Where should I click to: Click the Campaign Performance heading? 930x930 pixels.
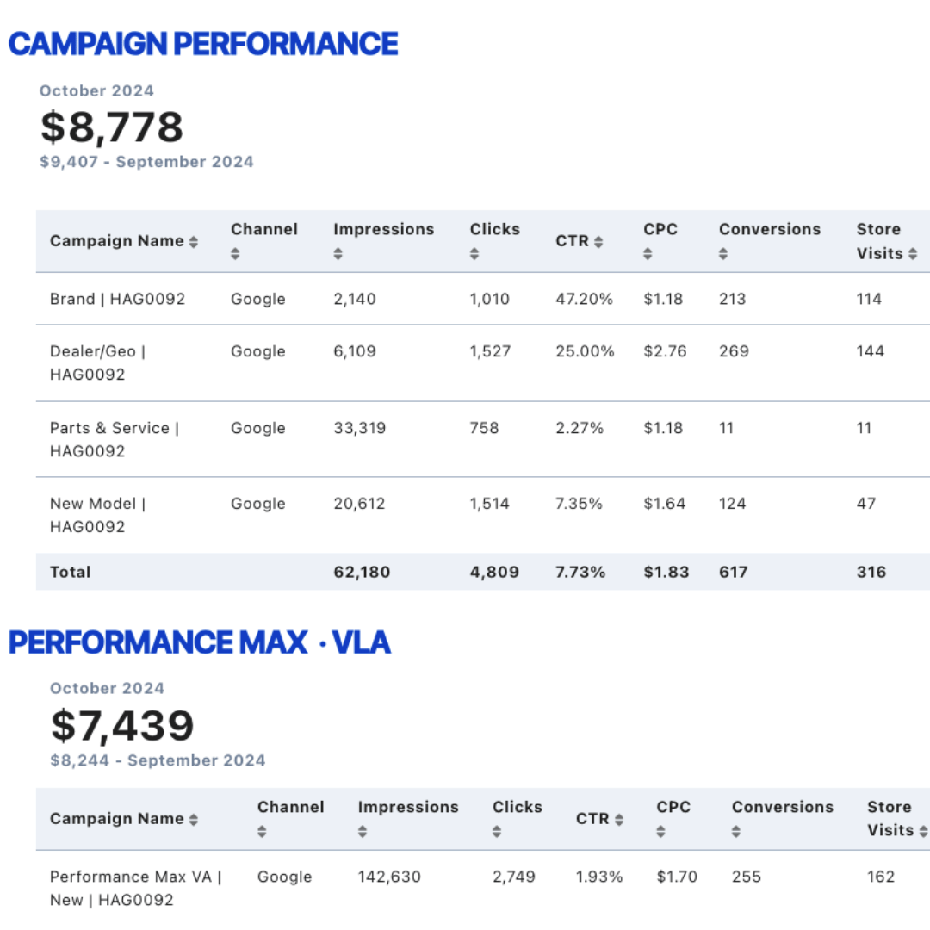[203, 44]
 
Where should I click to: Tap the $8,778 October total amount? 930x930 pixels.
[111, 127]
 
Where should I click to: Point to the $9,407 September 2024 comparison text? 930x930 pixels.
[146, 162]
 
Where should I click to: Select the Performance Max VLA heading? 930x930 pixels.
[200, 642]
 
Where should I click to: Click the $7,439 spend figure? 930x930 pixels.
[123, 726]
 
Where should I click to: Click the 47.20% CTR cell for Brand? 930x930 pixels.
[584, 299]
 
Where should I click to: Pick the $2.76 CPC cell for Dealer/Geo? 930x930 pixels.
[665, 351]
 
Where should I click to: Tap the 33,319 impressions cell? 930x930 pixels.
[359, 428]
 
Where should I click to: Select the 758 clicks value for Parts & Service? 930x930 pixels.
[484, 428]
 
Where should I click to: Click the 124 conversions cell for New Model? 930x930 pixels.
[733, 504]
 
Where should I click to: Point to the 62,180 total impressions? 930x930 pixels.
[362, 572]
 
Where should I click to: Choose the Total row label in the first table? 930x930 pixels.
[70, 572]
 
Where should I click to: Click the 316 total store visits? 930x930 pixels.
[871, 572]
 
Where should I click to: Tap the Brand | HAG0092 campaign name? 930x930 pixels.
[117, 299]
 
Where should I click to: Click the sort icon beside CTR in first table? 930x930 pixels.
[598, 242]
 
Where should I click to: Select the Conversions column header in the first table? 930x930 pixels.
[770, 229]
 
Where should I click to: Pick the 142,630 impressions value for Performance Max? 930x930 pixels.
[389, 877]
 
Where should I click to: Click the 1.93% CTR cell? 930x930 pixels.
[599, 877]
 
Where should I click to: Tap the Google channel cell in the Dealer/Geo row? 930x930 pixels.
[258, 351]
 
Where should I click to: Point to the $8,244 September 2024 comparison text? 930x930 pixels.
[158, 760]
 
